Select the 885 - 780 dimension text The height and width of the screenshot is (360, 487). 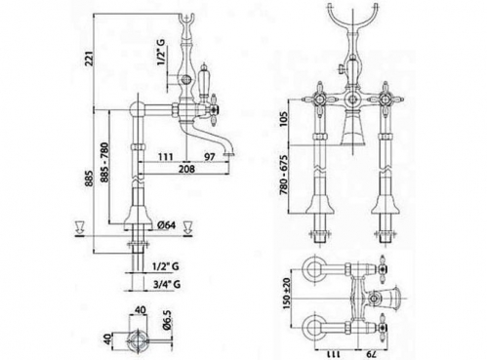104,162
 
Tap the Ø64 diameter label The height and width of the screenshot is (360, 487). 166,225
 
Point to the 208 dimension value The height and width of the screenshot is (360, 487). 186,169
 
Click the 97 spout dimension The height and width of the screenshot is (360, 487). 210,157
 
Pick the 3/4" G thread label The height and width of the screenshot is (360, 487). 167,284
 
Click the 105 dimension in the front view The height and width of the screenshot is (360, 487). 283,120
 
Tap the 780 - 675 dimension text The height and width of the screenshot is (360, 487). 283,175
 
